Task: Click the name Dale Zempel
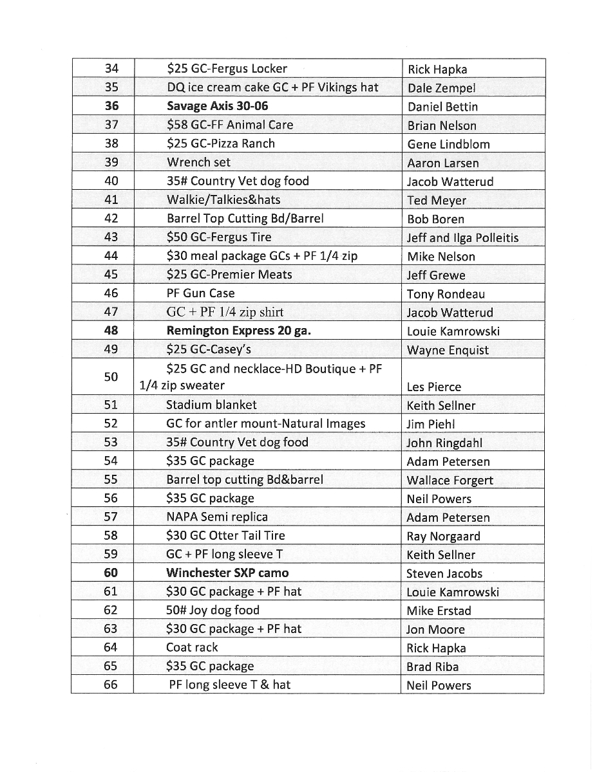point(441,88)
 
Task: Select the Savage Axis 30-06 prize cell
point(218,106)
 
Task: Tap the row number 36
point(111,106)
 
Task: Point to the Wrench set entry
point(198,162)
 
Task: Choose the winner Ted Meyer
point(437,201)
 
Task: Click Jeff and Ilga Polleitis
point(462,238)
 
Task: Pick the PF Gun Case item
point(200,293)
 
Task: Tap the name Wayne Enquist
point(448,351)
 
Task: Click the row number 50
point(111,377)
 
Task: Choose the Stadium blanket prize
point(211,405)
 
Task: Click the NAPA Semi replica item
point(217,517)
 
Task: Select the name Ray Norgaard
point(443,537)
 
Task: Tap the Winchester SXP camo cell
point(227,573)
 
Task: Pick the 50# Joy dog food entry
point(213,611)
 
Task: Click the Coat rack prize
point(192,648)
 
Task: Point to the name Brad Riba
point(432,667)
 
